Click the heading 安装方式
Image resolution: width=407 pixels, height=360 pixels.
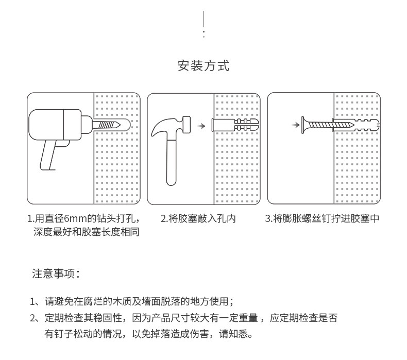203,66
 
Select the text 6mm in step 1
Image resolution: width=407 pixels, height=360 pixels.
74,219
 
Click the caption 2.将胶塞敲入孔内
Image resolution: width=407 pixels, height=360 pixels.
198,219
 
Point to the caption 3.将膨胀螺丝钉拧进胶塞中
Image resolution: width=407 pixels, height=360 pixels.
322,219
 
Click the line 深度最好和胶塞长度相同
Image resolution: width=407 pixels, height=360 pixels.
86,232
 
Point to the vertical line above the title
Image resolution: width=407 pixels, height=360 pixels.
204,21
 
